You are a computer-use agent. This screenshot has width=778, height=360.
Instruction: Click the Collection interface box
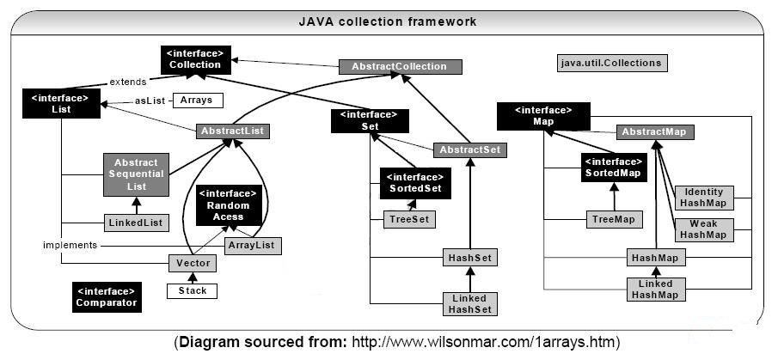pos(195,58)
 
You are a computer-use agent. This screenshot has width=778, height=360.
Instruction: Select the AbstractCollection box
pos(400,67)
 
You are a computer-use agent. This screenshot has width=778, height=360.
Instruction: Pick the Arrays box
pos(197,101)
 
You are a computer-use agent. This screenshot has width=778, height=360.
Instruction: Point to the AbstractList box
pos(233,131)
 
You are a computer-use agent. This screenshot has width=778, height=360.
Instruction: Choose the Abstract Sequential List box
pos(136,175)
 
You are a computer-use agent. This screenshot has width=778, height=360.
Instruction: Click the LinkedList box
pos(136,223)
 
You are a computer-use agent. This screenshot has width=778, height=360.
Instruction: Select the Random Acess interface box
pos(228,206)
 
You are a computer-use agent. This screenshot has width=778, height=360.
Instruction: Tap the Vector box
pos(193,264)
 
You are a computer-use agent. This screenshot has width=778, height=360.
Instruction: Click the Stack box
pos(193,291)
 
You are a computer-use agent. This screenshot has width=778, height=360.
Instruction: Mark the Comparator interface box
pos(106,296)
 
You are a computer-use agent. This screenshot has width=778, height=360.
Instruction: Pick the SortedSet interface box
pos(415,183)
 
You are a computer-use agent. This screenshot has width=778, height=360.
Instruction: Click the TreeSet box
pos(409,220)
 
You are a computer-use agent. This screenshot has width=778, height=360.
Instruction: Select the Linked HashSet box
pos(469,303)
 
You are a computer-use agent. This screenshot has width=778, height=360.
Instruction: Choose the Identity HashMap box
pos(703,198)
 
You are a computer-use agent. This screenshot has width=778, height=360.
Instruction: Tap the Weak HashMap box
pos(703,229)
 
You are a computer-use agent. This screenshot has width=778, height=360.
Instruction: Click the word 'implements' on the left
pos(70,245)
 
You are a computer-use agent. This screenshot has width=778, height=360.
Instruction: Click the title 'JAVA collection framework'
pos(387,21)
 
